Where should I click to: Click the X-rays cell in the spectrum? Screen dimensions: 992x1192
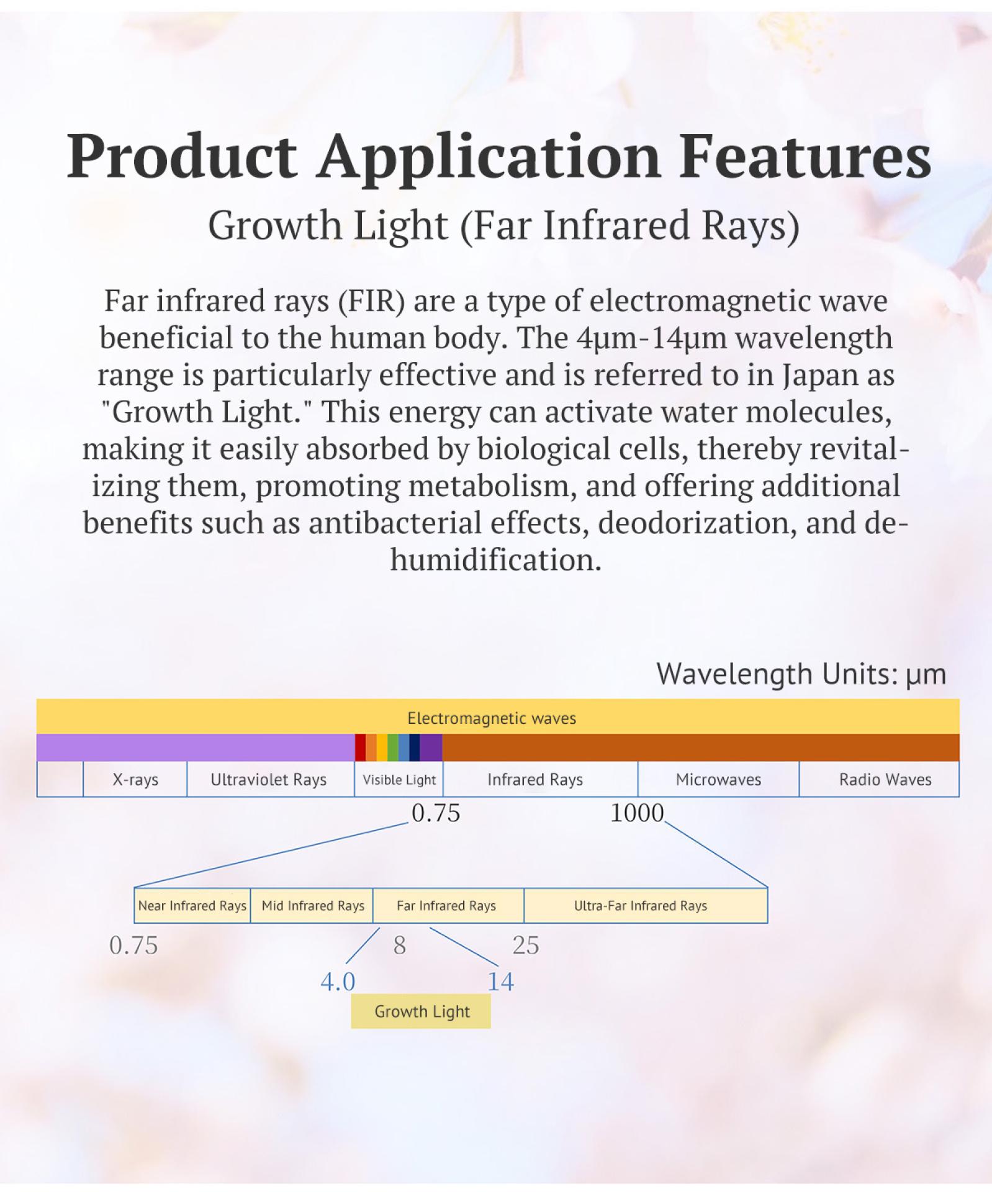coord(135,779)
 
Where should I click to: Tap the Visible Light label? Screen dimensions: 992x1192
coord(399,780)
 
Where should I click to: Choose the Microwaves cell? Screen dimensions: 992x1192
coord(718,779)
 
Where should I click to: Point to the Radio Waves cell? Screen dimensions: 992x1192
coord(879,779)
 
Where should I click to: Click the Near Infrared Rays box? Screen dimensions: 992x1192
coord(192,906)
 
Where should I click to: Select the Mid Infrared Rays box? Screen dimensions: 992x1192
coord(312,906)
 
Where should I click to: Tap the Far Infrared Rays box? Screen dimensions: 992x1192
coord(448,906)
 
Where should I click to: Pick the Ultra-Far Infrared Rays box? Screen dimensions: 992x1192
coord(646,906)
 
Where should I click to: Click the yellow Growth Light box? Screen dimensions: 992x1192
coord(421,1011)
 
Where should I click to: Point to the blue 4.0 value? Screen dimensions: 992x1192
coord(338,982)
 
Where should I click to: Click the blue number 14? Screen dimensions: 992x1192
coord(500,982)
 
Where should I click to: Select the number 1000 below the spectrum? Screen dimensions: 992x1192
coord(637,813)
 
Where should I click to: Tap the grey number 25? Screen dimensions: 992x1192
coord(526,946)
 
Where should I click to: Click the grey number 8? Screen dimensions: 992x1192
coord(399,946)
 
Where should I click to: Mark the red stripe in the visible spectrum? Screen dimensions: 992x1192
coord(360,747)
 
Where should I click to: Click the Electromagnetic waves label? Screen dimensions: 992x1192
coord(492,718)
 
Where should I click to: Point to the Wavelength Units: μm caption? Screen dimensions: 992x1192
coord(801,674)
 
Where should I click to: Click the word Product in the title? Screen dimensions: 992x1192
coord(181,156)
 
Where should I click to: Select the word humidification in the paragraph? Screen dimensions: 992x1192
coord(496,560)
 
